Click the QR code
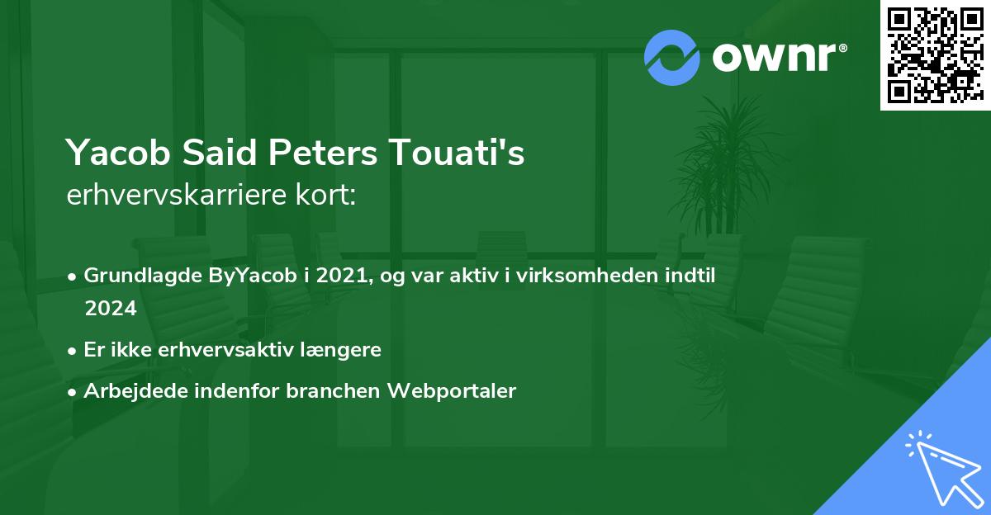click(x=935, y=55)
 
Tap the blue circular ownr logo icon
click(x=671, y=58)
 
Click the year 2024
click(x=110, y=308)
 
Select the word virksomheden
click(x=600, y=276)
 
